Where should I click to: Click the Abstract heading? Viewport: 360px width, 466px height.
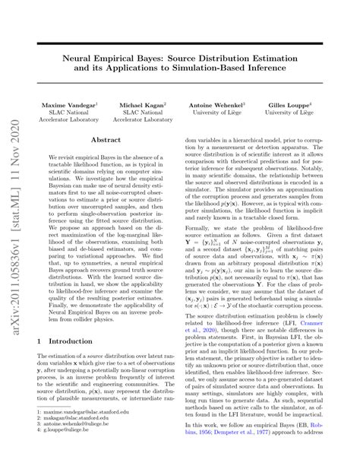click(x=106, y=141)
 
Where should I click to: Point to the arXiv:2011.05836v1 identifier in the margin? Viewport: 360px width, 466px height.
click(x=14, y=296)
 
